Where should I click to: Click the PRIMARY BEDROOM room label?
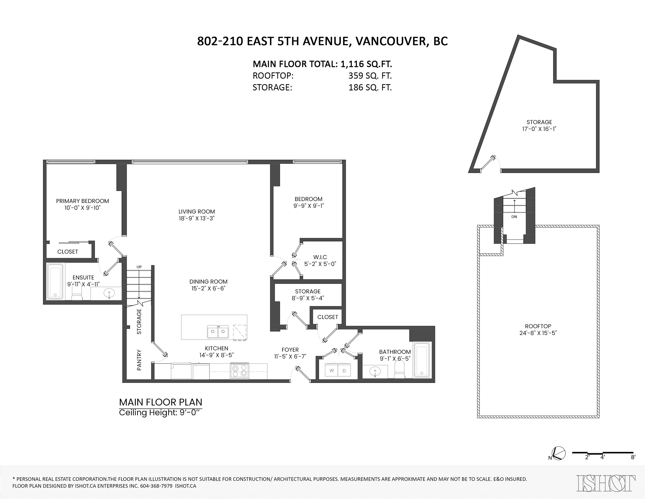(x=82, y=201)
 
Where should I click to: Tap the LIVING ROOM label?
(x=197, y=212)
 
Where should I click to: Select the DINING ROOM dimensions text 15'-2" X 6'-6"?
(x=208, y=288)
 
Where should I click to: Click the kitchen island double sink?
(x=218, y=332)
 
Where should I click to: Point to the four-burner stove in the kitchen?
(x=240, y=371)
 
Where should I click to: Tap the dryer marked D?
(x=344, y=371)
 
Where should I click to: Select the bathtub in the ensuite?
(x=55, y=281)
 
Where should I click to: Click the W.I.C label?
(x=320, y=257)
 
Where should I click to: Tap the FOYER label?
(x=290, y=350)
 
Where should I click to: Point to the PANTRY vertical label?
(x=139, y=360)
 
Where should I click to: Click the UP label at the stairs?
(x=139, y=267)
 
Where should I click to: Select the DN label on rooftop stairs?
(x=514, y=217)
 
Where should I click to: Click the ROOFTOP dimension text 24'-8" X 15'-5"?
(x=538, y=333)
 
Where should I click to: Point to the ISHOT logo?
(x=606, y=483)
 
